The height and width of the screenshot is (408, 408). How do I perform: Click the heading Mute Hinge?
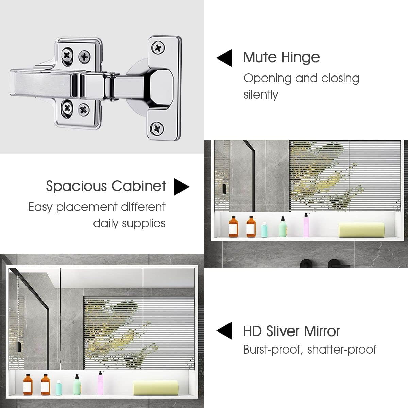tap(282, 57)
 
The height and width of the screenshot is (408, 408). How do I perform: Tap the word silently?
tap(261, 95)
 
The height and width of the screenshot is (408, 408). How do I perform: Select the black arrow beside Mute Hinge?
tap(225, 58)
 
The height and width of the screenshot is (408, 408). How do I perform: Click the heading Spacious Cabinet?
tap(106, 186)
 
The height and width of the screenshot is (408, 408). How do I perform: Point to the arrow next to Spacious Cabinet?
tap(181, 187)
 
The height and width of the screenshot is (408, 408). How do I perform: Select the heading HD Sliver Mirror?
tap(291, 331)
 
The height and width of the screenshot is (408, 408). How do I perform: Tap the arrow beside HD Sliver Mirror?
tap(225, 330)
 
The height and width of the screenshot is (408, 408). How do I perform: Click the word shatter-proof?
tap(342, 350)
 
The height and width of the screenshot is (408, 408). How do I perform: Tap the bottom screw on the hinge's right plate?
tap(157, 128)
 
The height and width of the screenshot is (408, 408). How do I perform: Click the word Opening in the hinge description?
tap(268, 79)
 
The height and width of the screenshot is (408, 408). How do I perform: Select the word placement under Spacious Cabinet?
tap(87, 207)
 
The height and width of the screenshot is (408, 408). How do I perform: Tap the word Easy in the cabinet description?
tap(40, 207)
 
